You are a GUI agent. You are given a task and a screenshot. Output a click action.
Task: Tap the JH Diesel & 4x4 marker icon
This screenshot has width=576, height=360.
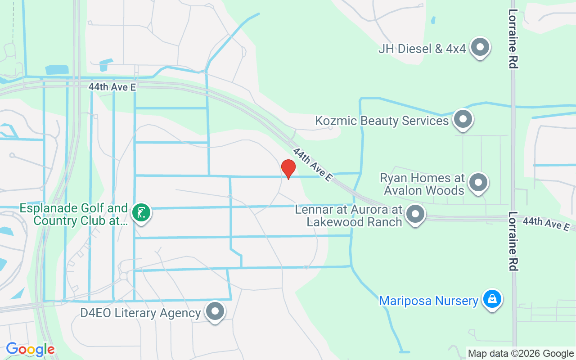point(480,47)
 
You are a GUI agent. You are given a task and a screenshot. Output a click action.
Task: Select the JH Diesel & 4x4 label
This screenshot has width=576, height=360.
point(422,48)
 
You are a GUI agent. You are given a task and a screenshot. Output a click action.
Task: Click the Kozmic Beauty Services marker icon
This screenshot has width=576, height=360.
point(463,120)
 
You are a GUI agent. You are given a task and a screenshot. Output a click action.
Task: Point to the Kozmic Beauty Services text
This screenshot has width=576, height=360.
point(382,121)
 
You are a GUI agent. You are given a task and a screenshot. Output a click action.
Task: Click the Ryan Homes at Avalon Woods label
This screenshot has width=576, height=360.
point(423,184)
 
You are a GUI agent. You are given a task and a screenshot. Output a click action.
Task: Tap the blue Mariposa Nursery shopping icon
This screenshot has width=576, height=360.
point(493,299)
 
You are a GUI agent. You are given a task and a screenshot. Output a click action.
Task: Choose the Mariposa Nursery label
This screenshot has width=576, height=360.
point(428,300)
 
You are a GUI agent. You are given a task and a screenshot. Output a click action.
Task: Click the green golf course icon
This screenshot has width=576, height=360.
point(141,212)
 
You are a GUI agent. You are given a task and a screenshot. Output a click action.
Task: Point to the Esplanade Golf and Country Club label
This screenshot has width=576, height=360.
point(74,214)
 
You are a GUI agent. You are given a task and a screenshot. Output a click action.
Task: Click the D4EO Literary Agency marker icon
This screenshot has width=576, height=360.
point(215,311)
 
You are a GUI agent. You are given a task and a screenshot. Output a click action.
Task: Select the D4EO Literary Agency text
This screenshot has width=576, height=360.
point(140,313)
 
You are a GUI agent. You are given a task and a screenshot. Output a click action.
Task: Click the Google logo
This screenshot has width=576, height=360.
point(30,349)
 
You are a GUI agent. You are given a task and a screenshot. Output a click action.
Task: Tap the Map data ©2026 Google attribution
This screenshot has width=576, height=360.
point(521,354)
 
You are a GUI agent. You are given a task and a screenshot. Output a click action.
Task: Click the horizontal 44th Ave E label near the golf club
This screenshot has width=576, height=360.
point(112,87)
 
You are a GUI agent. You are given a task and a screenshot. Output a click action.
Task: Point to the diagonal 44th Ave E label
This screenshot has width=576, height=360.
point(313,164)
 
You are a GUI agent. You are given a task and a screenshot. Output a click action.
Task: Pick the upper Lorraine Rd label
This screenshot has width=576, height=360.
point(513,39)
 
